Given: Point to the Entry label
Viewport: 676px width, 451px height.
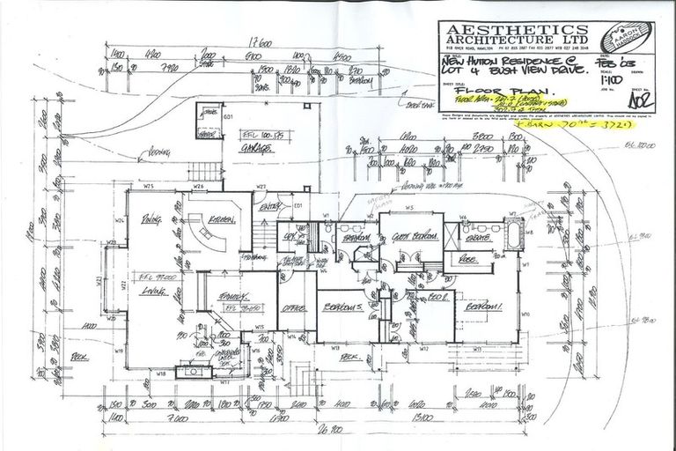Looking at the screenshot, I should (269, 207).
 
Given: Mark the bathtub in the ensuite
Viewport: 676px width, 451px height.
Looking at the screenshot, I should (513, 236).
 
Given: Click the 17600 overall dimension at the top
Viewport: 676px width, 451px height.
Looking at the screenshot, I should (257, 41).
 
